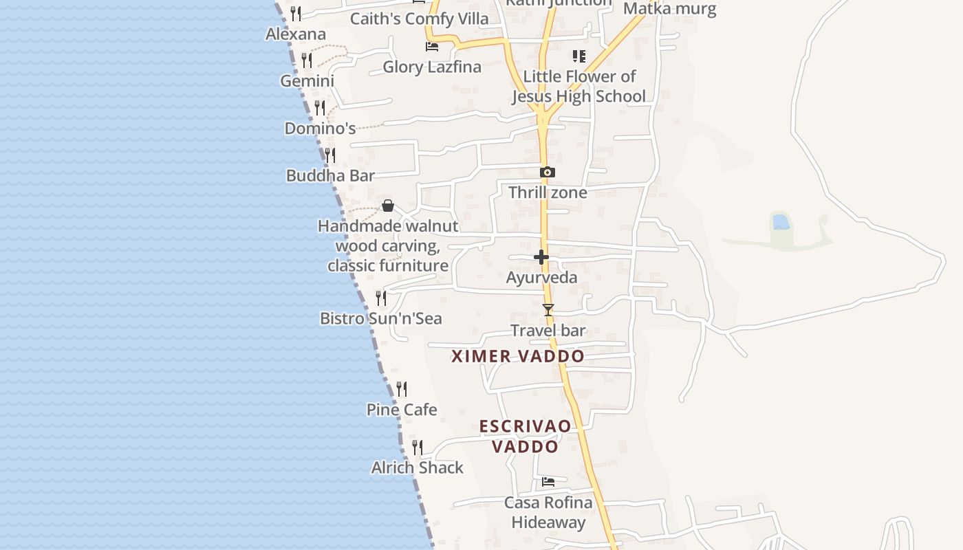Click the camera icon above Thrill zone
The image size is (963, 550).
[548, 173]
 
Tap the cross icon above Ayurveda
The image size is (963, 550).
[541, 258]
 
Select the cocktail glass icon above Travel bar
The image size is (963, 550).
[548, 310]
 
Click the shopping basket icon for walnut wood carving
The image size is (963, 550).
[388, 206]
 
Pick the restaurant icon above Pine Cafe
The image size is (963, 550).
[402, 389]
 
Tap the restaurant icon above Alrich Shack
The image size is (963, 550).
[418, 448]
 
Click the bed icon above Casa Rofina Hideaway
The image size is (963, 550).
[548, 482]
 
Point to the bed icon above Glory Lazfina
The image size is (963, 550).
[432, 47]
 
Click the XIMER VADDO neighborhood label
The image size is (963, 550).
[518, 356]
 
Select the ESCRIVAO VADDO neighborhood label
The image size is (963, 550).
[526, 436]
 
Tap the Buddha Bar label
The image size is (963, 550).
[330, 175]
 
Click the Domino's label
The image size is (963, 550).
[320, 129]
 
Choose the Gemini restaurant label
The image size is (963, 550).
[307, 80]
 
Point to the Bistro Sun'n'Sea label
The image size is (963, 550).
[381, 318]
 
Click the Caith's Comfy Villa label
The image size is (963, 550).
[420, 19]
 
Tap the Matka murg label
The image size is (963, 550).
[669, 9]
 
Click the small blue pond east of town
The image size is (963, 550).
[781, 222]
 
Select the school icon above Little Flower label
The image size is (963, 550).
[579, 56]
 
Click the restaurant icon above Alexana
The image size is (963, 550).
[296, 13]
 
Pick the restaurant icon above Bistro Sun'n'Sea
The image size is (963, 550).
[381, 298]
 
